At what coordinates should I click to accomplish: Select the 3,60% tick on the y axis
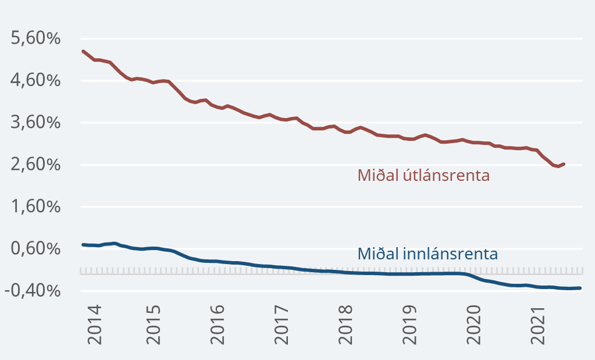[x=35, y=123]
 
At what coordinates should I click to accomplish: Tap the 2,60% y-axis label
[x=35, y=165]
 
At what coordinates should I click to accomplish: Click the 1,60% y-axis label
[x=35, y=207]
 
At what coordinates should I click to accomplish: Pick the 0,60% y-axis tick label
[x=35, y=249]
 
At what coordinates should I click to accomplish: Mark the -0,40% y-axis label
[x=33, y=291]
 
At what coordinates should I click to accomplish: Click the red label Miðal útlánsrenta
[x=423, y=175]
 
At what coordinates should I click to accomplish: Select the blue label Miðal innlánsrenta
[x=427, y=254]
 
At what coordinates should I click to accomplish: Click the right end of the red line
[x=564, y=164]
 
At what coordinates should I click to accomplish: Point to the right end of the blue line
[x=580, y=288]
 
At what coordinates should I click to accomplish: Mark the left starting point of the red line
[x=83, y=51]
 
